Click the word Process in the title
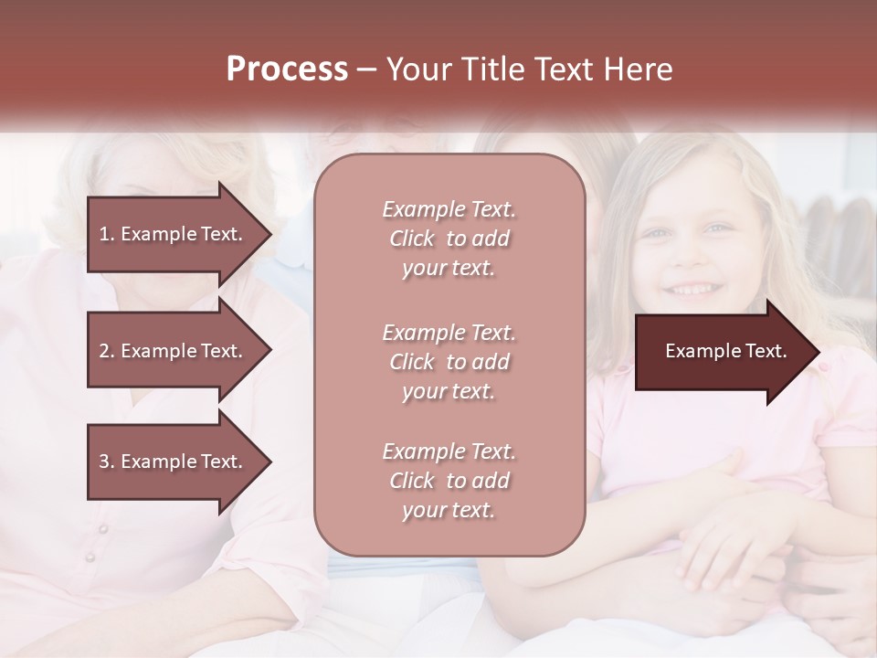coord(287,69)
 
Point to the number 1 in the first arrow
coord(104,234)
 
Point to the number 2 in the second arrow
coord(104,351)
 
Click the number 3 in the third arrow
coord(104,462)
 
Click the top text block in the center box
coord(449,239)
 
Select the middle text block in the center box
coord(449,362)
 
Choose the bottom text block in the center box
coord(449,481)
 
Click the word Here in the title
coord(639,69)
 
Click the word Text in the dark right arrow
coord(766,351)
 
